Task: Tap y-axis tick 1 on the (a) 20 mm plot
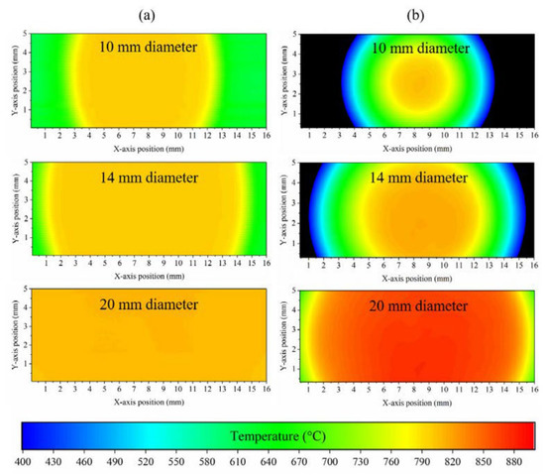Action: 24,365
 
